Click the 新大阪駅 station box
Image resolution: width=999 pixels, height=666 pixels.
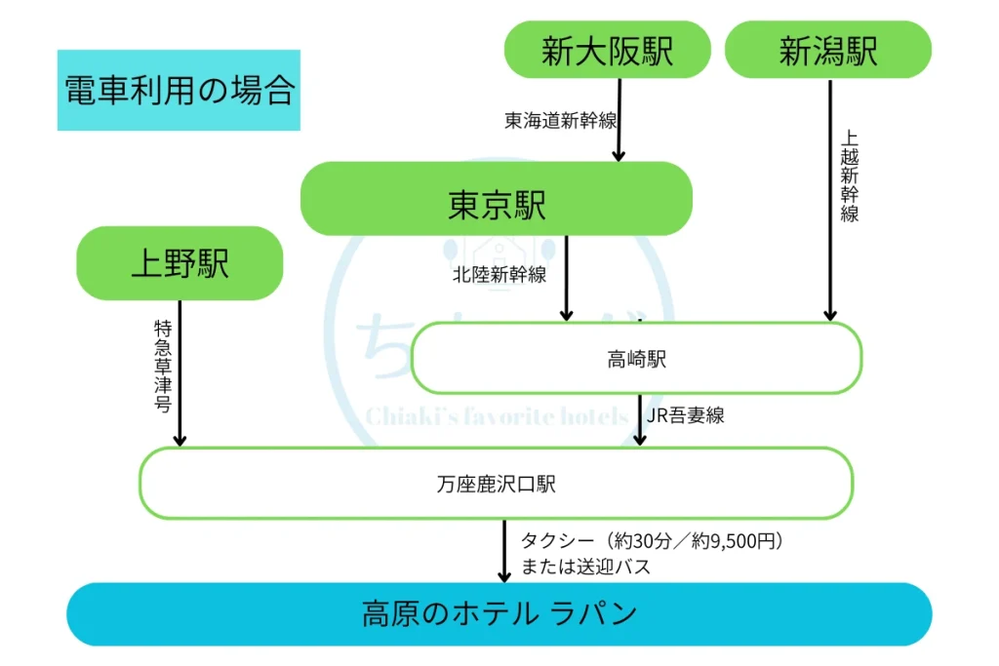pos(607,50)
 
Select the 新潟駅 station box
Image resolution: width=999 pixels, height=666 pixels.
pos(827,50)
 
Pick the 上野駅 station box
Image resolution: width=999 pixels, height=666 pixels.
pos(180,263)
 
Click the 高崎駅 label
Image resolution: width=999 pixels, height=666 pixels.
pos(636,359)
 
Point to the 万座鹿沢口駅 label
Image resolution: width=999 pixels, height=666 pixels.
pos(497,483)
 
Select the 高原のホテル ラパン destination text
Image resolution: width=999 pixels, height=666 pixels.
pos(499,614)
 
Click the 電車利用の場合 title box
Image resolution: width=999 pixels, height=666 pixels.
pos(179,91)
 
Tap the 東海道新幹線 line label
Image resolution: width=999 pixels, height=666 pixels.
pos(560,120)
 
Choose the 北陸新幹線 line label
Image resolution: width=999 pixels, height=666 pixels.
pos(499,274)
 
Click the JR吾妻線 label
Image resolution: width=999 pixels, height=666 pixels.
pos(686,415)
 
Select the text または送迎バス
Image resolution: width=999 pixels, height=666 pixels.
pos(585,567)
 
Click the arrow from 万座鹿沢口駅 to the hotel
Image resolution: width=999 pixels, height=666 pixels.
pos(504,551)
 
